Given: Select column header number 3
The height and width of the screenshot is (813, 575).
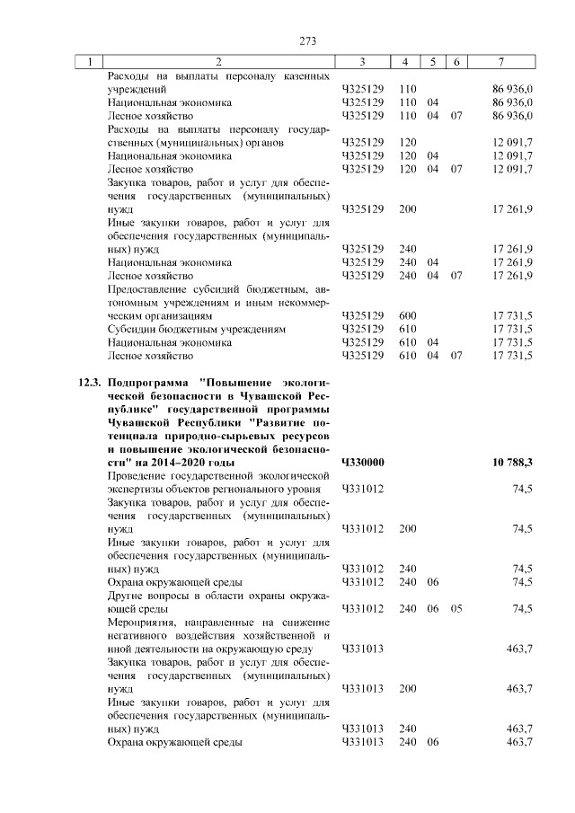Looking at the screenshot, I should tap(361, 61).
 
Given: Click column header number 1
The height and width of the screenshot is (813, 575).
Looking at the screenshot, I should tap(89, 61).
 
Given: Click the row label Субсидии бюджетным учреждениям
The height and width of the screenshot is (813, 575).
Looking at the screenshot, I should tap(197, 330).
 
